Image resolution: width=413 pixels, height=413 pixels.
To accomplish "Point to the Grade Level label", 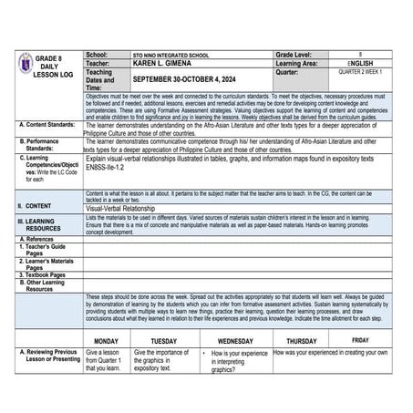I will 296,56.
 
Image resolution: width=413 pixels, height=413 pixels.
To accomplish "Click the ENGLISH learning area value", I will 361,65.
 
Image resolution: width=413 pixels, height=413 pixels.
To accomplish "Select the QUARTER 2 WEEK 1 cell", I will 361,73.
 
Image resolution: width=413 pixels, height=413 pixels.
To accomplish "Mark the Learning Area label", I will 301,65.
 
